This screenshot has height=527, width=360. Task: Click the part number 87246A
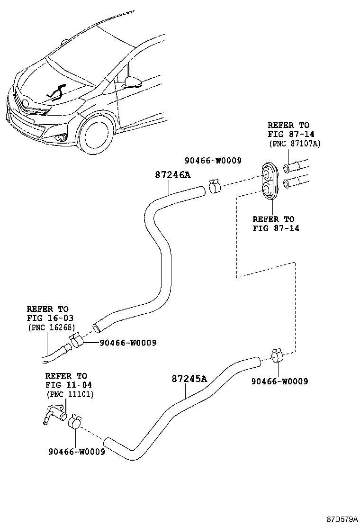pos(172,175)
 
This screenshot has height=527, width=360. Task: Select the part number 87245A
pos(189,379)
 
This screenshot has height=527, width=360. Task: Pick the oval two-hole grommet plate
pos(270,182)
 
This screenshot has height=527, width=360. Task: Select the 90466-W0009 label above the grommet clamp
pos(213,161)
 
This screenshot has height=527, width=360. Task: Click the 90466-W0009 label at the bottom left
pos(76,452)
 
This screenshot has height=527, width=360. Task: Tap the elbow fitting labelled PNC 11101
pos(52,414)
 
